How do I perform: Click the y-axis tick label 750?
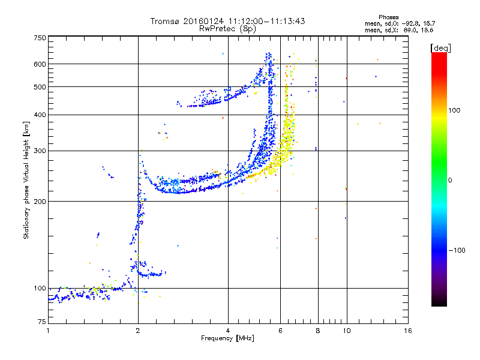tap(40, 38)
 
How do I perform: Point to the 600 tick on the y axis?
tap(40, 64)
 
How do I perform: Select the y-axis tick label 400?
tap(40, 115)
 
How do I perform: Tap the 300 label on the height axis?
tap(40, 151)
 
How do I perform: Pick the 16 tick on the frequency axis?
tap(408, 331)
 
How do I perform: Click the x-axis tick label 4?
tap(228, 331)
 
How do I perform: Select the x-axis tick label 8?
tap(317, 331)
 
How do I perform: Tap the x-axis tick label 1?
tap(48, 331)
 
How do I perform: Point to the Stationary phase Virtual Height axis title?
tap(26, 180)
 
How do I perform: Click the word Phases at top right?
tap(388, 16)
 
